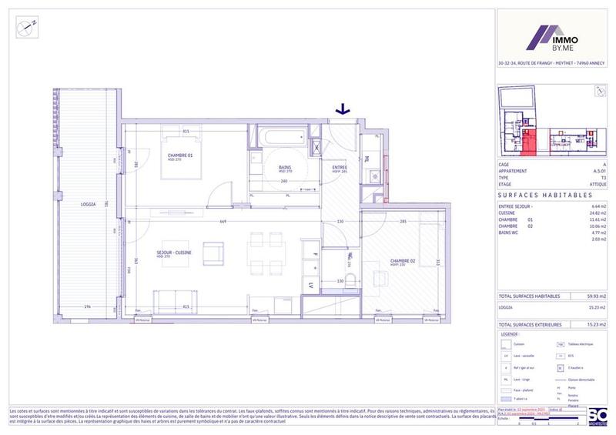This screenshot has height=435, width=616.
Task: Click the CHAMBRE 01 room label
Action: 180,156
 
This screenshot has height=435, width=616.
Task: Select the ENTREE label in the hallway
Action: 339,168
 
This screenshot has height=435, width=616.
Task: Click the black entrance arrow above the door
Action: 342,111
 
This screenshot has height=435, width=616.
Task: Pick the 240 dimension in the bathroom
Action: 284,182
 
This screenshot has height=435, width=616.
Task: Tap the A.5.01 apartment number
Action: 598,171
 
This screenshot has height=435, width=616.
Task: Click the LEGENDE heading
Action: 509,335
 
